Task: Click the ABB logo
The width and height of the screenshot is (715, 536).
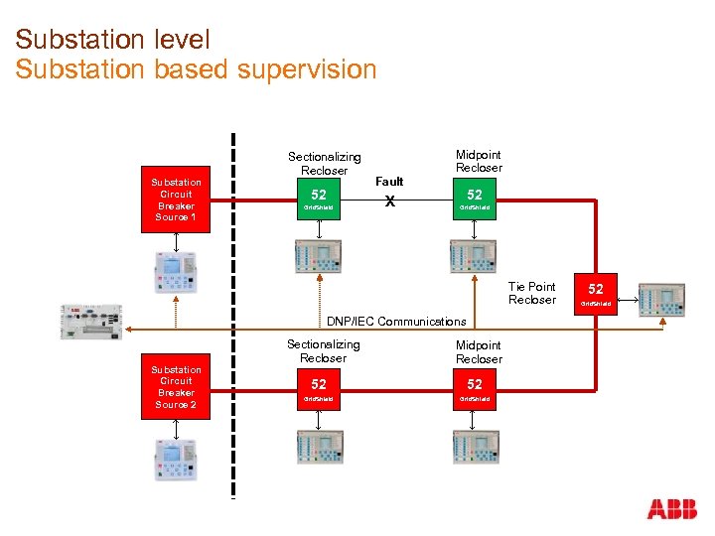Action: pos(671,509)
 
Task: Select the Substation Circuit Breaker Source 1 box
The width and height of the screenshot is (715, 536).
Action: pos(176,200)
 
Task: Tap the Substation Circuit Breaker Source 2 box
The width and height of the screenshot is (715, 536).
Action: pos(176,387)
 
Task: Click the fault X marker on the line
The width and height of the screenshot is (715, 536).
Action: pos(390,201)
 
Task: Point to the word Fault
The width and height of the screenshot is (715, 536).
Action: pos(389,182)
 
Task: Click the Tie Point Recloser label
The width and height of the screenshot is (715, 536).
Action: pos(532,293)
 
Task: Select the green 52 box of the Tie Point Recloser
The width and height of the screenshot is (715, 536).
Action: pos(596,293)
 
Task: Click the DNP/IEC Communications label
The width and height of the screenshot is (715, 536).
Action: pos(396,321)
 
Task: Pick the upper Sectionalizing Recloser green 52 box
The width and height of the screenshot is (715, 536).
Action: pos(319,200)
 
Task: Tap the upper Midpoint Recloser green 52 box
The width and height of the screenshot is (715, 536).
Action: pos(475,200)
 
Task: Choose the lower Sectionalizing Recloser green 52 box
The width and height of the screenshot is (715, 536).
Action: pos(319,388)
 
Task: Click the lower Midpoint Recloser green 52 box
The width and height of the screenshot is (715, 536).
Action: pos(475,388)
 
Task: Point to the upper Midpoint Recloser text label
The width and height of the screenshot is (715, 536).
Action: pos(479,161)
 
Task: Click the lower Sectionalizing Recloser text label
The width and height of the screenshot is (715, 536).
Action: pos(324,351)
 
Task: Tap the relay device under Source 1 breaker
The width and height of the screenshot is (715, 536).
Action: pos(175,269)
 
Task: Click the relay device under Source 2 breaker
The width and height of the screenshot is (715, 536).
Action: pos(175,459)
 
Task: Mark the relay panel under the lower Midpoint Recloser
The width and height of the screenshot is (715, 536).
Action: pos(475,448)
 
